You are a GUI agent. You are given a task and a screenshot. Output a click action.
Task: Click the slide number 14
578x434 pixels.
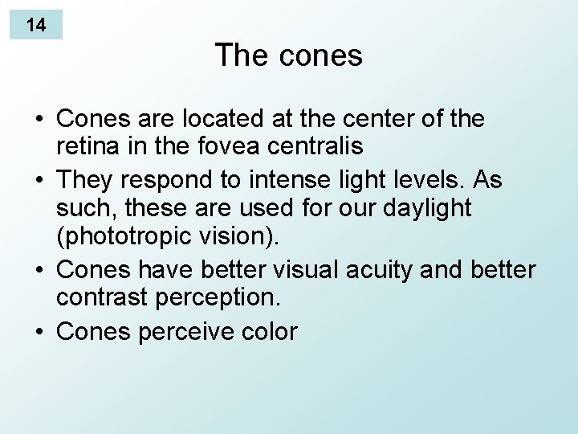click(35, 25)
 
